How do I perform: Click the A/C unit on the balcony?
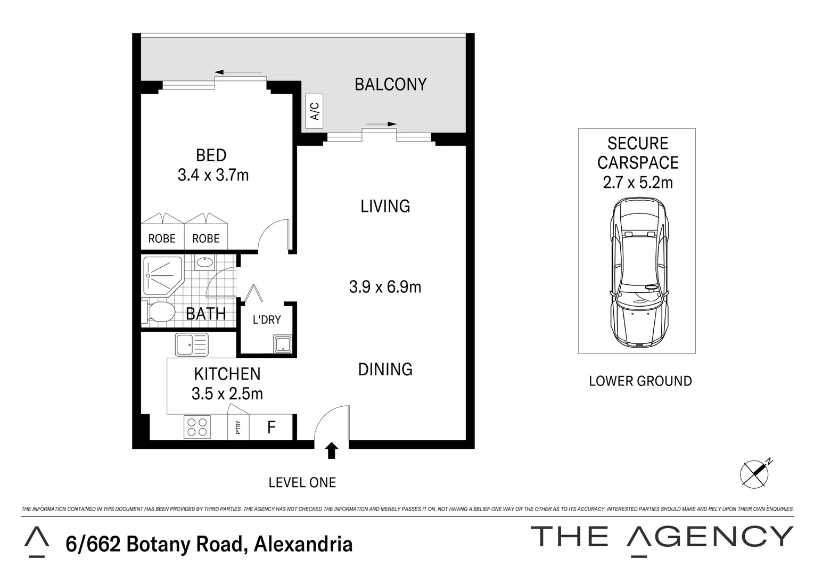coord(315,111)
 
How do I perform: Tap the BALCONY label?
coord(390,85)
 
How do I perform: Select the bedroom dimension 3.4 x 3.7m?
coord(213,175)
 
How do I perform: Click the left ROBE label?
coord(162,239)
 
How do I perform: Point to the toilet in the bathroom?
coord(159,312)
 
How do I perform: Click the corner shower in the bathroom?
coord(162,275)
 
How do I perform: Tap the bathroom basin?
coord(204,262)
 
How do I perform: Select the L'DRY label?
coord(266,320)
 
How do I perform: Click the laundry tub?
coord(282,344)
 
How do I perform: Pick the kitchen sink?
coord(192,345)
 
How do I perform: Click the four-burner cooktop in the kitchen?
coord(196,427)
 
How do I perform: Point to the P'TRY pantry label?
coord(238,428)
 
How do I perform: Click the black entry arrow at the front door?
coord(332,450)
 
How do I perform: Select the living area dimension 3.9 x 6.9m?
coord(385,287)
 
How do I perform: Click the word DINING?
coord(385,369)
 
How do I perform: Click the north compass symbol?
coord(755,472)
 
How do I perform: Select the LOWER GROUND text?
coord(640,381)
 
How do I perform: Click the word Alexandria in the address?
coord(303,545)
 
